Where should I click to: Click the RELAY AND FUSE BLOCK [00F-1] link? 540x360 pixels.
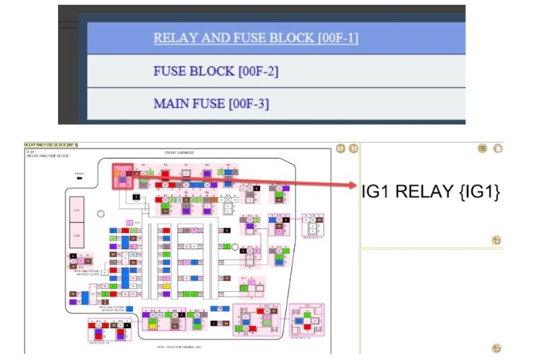(x=255, y=38)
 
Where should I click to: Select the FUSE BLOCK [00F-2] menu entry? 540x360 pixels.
(x=216, y=71)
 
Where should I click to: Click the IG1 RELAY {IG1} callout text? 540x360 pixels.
(x=431, y=191)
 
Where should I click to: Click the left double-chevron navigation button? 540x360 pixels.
(x=341, y=149)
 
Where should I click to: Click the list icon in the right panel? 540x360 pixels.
(x=483, y=149)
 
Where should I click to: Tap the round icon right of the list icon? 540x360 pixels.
(x=497, y=149)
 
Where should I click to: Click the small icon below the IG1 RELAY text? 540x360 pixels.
(x=496, y=240)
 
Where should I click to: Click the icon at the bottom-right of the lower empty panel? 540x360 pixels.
(x=496, y=349)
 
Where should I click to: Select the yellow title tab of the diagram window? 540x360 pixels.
(x=51, y=145)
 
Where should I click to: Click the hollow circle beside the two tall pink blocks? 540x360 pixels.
(x=101, y=213)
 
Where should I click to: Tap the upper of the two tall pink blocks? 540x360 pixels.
(x=77, y=209)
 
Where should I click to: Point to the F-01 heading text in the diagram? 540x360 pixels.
(x=31, y=152)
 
